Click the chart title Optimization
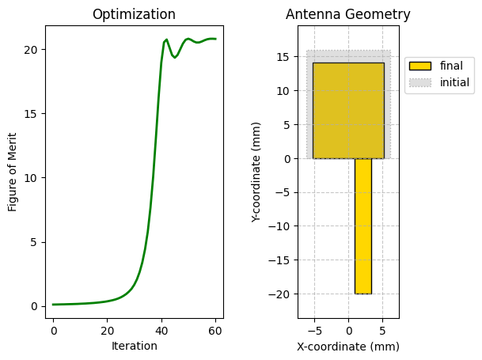[134, 14]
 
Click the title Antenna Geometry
[348, 14]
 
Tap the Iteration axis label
[134, 346]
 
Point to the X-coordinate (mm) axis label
[348, 346]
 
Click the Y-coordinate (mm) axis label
[256, 171]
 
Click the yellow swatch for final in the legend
[420, 66]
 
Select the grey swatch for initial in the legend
[420, 82]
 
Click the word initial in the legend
[454, 82]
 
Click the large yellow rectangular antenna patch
[348, 110]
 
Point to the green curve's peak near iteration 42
[166, 40]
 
